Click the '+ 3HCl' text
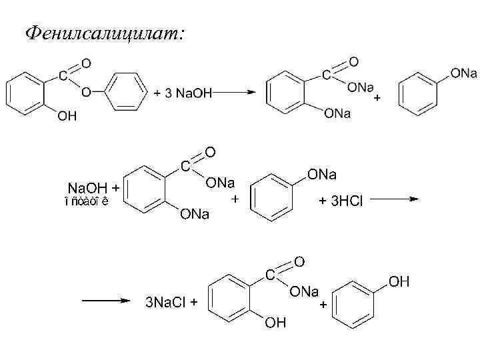(341, 201)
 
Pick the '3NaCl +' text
(171, 303)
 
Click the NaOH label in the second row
(89, 189)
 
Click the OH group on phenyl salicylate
(67, 117)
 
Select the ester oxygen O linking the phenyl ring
(85, 93)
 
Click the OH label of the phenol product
(399, 282)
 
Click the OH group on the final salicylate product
(275, 324)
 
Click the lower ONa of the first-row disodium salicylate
(337, 114)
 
